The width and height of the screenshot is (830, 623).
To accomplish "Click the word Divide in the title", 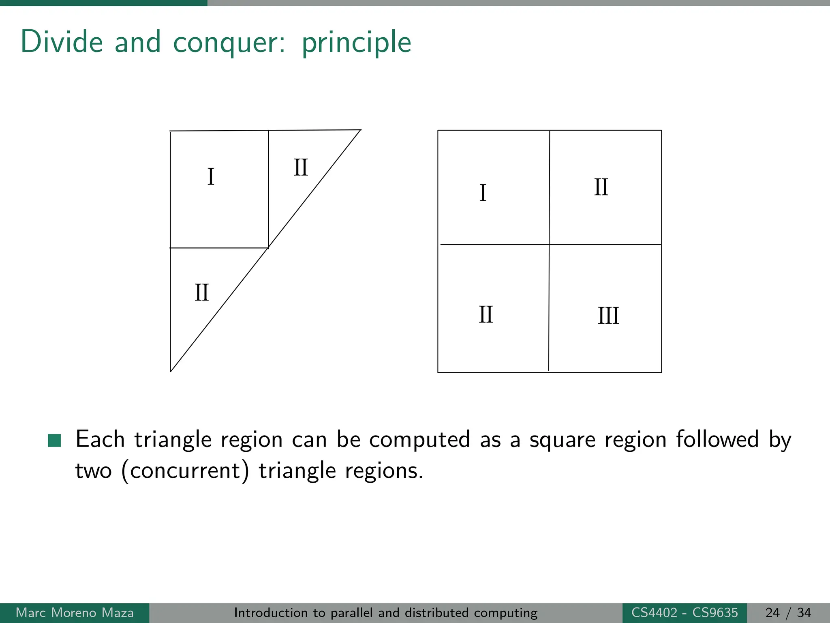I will click(62, 42).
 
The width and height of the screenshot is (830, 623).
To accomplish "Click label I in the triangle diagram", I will click(211, 177).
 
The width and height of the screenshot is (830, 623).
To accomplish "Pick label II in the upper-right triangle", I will click(301, 168).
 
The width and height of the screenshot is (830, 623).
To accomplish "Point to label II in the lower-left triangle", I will click(202, 293).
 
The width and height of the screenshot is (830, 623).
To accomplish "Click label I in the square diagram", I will click(483, 193).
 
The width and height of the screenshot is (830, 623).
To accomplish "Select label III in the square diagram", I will click(608, 316).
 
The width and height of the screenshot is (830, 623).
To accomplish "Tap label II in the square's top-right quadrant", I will click(601, 187).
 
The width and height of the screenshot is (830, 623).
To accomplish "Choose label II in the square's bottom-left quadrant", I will click(486, 315).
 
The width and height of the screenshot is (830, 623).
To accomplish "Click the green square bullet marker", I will click(54, 440).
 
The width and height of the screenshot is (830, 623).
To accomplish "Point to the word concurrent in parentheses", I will click(185, 471).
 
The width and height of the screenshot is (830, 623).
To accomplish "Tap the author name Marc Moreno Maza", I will click(75, 612).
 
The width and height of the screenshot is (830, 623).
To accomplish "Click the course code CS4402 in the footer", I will click(654, 612).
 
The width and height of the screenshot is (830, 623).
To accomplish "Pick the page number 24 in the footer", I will click(772, 612).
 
